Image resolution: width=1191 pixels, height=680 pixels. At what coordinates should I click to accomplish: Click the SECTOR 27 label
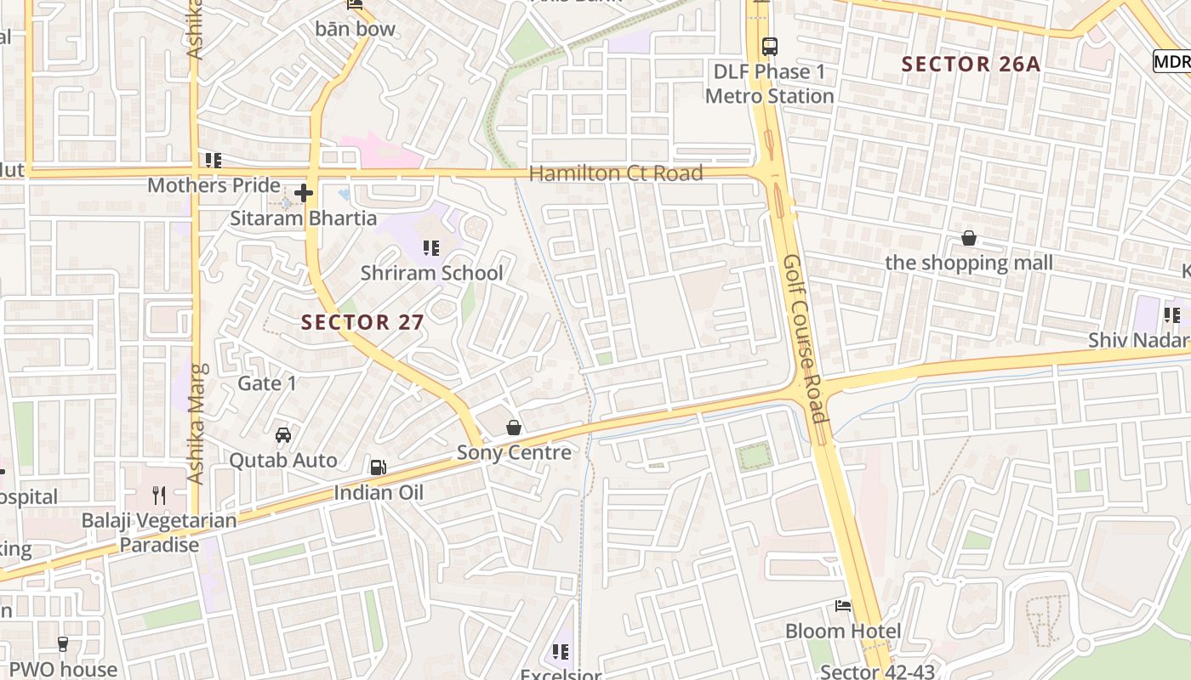[x=362, y=322]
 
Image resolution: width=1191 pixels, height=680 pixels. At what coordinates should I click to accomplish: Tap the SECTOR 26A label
[x=971, y=64]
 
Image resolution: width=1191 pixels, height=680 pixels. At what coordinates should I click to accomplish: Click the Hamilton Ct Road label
[x=616, y=173]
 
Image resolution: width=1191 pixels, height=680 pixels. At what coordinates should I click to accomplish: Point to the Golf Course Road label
[x=805, y=338]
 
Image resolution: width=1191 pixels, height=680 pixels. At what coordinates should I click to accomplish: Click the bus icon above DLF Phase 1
[x=770, y=47]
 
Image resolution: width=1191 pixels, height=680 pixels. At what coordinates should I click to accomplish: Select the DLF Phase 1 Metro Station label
[x=769, y=83]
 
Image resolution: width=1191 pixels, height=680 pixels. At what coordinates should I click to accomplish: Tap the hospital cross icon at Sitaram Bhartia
[x=304, y=194]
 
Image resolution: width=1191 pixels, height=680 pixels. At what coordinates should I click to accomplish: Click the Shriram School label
[x=432, y=273]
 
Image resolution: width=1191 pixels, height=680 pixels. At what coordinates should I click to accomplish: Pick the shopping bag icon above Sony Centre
[x=514, y=427]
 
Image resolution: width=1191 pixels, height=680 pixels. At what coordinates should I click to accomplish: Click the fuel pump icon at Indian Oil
[x=378, y=467]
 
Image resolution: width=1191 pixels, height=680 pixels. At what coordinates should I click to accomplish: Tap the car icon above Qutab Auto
[x=283, y=435]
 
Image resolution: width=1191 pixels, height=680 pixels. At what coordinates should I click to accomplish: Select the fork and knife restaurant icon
[x=158, y=495]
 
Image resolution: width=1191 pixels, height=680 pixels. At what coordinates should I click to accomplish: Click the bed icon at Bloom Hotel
[x=843, y=606]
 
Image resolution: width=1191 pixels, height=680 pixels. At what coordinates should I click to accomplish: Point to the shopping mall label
[x=968, y=263]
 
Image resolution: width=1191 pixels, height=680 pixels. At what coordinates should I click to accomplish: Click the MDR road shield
[x=1171, y=61]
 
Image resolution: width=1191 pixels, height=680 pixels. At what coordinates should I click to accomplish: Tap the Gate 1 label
[x=267, y=383]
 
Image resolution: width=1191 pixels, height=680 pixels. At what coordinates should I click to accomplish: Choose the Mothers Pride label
[x=214, y=185]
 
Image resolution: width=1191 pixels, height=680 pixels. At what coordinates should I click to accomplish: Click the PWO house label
[x=63, y=669]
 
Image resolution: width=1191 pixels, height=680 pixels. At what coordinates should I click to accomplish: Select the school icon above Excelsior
[x=560, y=652]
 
